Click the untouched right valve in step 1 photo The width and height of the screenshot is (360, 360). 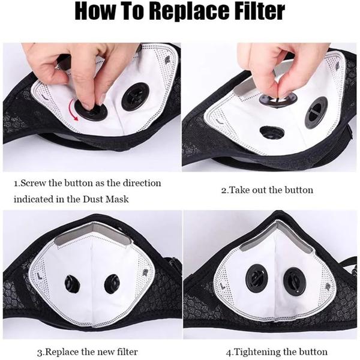(x=135, y=97)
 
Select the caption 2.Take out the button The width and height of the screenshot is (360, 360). (x=267, y=190)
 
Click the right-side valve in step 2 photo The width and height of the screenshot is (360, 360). (x=316, y=113)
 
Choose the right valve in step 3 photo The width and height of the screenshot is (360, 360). (x=112, y=283)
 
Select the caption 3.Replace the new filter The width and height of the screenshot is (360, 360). (x=88, y=351)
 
